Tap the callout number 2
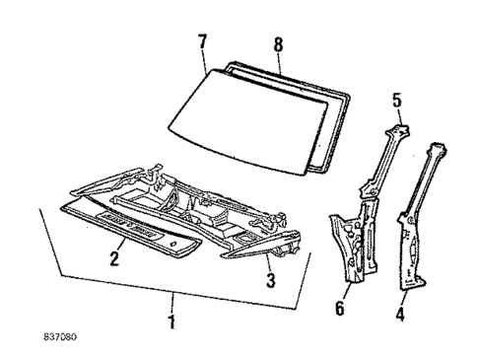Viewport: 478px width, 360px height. point(116,260)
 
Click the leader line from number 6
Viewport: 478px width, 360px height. point(344,289)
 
